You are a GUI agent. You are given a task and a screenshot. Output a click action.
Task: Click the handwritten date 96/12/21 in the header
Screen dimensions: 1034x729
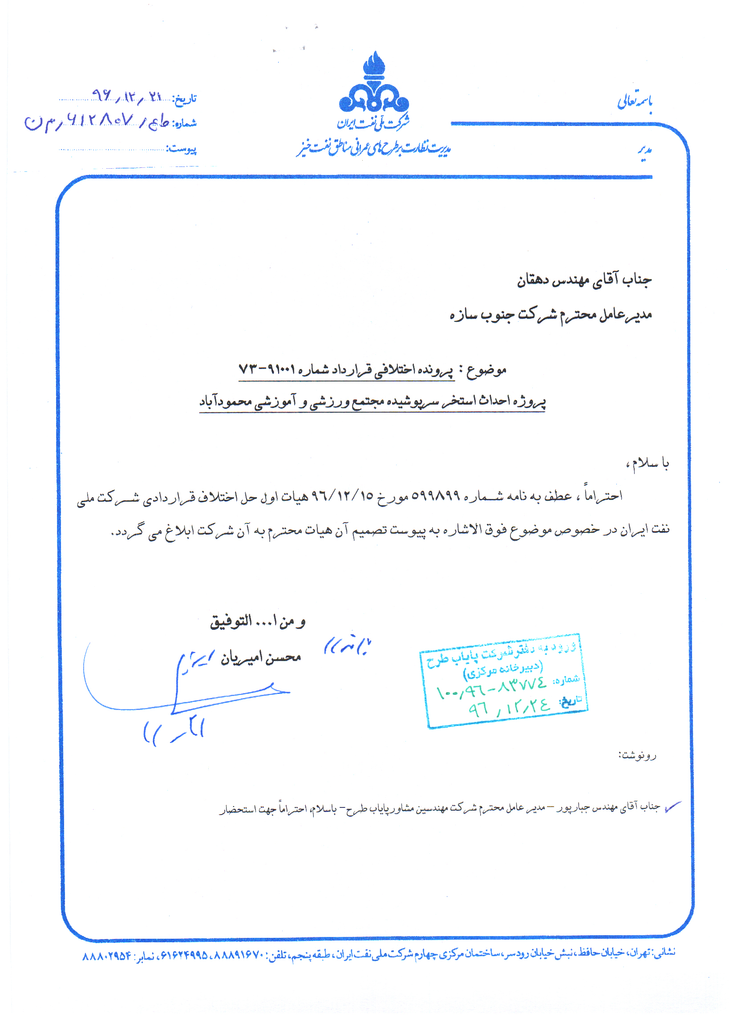coord(126,96)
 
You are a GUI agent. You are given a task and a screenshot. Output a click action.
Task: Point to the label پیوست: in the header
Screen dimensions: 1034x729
coord(182,149)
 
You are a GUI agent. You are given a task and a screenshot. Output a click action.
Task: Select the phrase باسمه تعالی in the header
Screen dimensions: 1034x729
coord(635,101)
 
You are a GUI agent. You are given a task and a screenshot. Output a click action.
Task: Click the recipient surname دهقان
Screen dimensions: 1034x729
coord(534,280)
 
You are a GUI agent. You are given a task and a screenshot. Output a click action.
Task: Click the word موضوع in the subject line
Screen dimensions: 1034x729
coord(486,371)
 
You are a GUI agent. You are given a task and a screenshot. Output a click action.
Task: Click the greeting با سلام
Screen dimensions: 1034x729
coord(649,462)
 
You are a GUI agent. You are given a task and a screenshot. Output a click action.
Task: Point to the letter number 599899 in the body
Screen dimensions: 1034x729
coord(435,496)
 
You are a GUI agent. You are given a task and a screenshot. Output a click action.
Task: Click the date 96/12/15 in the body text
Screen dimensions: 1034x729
coord(343,496)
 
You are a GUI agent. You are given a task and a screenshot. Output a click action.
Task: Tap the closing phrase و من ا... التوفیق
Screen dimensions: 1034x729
coord(258,621)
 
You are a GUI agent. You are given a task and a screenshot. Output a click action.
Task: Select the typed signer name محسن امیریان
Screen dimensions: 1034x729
coord(261,658)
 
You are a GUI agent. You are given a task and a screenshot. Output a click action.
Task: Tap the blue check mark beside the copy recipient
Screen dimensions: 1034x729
coord(673,807)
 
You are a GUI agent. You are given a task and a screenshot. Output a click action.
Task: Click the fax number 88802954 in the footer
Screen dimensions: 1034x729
coord(107,956)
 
